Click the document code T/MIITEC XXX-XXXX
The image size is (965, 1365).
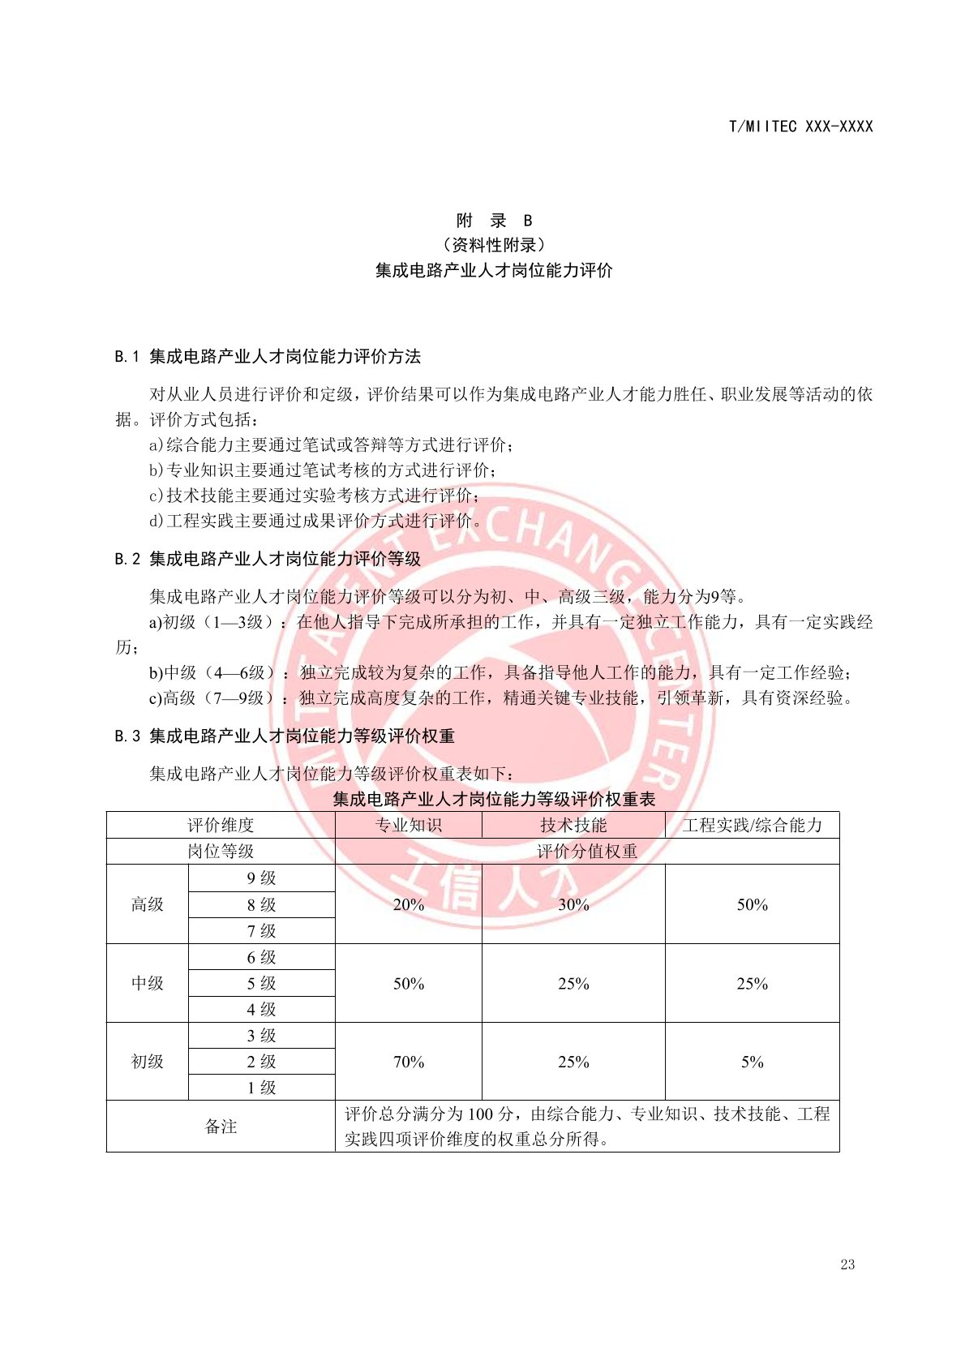800,127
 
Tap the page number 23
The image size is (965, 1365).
847,1264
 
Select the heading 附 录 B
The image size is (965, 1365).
494,221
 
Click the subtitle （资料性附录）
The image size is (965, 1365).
494,245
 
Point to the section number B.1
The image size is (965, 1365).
127,357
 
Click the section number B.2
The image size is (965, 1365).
127,559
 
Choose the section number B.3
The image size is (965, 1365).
127,736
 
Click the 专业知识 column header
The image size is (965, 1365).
409,826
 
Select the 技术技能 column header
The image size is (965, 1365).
573,826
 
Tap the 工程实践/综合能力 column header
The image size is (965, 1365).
752,826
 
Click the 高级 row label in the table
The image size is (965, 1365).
148,904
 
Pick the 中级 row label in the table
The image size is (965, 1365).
148,983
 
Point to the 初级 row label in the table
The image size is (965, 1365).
148,1062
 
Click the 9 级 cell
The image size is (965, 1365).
261,878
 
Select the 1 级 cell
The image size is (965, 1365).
261,1088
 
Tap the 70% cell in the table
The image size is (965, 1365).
409,1062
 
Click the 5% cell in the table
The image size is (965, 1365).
752,1062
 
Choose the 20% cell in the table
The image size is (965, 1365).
409,904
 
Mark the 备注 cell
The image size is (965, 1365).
221,1127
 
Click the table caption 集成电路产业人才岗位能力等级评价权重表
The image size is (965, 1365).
494,800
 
